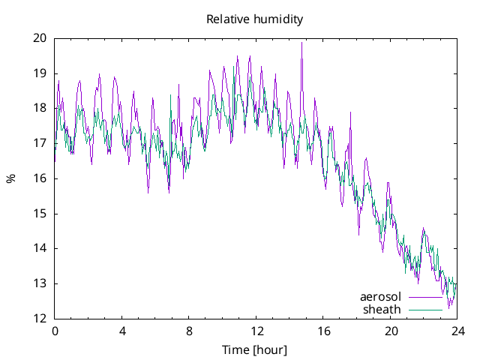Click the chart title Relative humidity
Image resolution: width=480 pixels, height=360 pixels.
255,19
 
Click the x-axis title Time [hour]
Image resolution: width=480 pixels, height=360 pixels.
255,349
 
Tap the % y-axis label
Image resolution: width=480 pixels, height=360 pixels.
10,178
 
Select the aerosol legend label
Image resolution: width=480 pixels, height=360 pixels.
380,297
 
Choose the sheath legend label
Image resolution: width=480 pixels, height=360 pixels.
382,309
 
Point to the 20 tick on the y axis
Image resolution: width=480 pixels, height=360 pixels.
40,38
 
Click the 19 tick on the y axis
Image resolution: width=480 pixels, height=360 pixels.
40,73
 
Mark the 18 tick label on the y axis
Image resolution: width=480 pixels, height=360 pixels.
40,108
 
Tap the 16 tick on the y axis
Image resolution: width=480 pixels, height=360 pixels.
40,178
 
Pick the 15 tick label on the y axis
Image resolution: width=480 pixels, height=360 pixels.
40,214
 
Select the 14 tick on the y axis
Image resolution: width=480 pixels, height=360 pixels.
40,248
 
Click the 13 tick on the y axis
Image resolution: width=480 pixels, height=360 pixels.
40,283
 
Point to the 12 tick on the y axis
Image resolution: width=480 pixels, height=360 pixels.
40,319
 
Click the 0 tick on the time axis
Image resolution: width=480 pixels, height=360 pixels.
55,331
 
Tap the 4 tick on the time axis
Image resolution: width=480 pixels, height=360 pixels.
121,331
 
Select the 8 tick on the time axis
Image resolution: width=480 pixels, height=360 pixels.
189,331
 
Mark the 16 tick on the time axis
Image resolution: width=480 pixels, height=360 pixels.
323,331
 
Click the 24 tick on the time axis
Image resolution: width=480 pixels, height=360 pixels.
457,331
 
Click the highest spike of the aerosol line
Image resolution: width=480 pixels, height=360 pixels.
301,43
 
